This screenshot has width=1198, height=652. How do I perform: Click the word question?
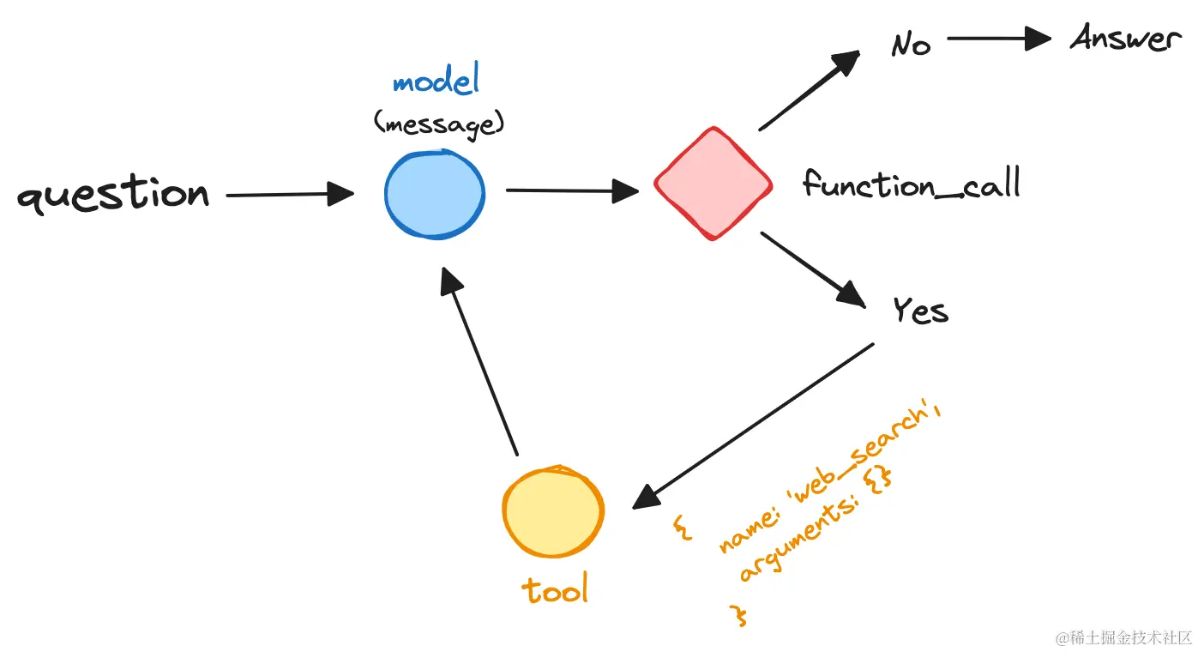(113, 195)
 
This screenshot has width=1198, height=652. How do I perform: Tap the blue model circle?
(435, 195)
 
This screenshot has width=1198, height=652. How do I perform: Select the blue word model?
(436, 82)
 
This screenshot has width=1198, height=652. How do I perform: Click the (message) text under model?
(438, 124)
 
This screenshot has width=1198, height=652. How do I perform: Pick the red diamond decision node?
(713, 184)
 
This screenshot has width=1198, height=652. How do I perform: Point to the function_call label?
(911, 184)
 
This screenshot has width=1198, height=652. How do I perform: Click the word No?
(911, 44)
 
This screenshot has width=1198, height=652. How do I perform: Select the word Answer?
(1124, 39)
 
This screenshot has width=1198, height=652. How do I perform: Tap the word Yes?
(920, 311)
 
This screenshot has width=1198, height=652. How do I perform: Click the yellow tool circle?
(553, 512)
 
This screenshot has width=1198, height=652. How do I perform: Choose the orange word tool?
(555, 590)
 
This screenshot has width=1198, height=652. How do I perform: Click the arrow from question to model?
(290, 195)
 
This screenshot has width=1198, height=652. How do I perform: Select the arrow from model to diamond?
(572, 190)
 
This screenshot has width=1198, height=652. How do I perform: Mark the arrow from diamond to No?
(809, 91)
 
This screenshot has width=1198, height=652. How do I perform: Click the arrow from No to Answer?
(999, 39)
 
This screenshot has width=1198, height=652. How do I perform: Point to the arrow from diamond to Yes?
(812, 269)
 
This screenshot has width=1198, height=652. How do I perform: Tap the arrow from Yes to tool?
(753, 426)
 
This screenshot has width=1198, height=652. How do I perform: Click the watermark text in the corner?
(1124, 637)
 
